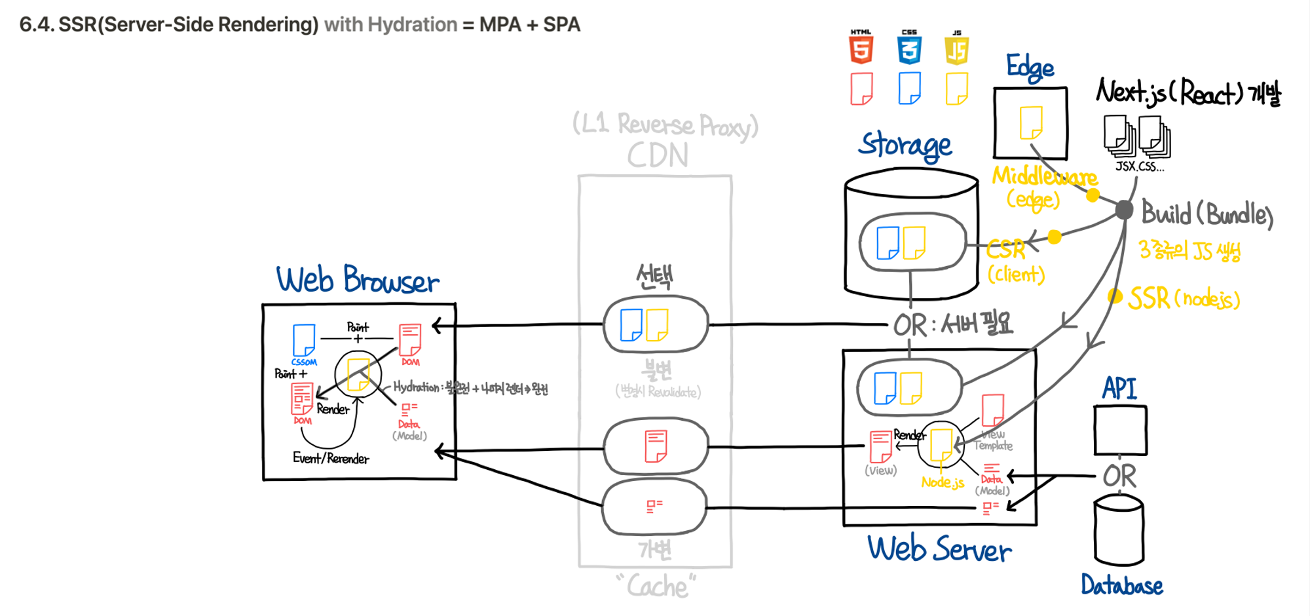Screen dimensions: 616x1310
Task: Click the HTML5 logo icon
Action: click(861, 47)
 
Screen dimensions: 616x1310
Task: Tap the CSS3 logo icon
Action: click(909, 47)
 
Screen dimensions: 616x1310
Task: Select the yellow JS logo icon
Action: click(957, 48)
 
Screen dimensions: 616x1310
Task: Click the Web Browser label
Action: click(358, 280)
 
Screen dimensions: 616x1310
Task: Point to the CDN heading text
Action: click(658, 156)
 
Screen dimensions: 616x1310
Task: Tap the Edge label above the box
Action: click(1030, 67)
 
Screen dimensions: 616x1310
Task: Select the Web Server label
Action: click(939, 549)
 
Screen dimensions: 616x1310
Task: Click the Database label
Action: click(1121, 585)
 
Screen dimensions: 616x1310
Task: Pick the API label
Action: click(1119, 388)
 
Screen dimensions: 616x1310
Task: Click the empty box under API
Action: click(1120, 430)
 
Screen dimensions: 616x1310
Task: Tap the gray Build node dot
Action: click(1124, 210)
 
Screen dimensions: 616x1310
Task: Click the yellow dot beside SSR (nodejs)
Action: click(1115, 296)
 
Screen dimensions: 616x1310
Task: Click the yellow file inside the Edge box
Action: click(1031, 123)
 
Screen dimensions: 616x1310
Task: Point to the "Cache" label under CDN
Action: click(657, 586)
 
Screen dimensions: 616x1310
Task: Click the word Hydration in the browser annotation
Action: click(415, 387)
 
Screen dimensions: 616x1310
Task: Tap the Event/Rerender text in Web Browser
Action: click(331, 458)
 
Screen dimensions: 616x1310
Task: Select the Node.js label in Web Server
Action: click(942, 482)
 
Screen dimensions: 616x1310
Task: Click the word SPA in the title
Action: click(561, 25)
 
